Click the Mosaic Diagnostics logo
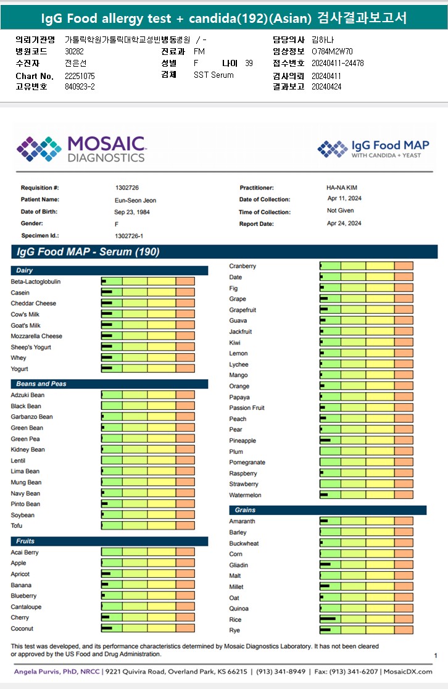pos(81,149)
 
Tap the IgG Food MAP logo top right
pos(373,149)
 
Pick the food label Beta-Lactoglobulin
pos(36,282)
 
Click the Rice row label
pos(235,620)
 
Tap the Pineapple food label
pos(243,441)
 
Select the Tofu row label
pos(18,526)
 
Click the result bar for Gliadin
pos(367,565)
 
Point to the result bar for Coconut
pos(148,628)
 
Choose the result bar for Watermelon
pos(367,495)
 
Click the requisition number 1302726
pos(127,187)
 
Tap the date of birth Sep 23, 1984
pos(132,212)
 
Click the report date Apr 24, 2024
pos(344,223)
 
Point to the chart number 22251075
pos(80,76)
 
